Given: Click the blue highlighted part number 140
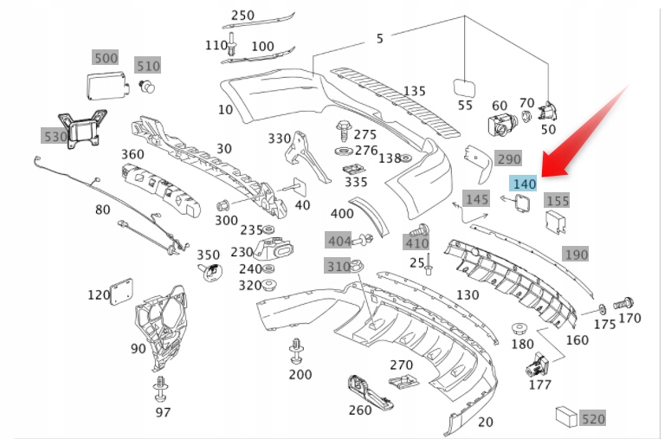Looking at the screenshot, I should [525, 184].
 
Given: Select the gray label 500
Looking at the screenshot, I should [106, 58].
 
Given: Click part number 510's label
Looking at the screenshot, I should [148, 66].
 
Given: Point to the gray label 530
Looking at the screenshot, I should [55, 136].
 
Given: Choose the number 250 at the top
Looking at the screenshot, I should [243, 15].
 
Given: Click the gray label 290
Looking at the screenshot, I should [508, 159].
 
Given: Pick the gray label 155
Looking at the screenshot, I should [558, 201].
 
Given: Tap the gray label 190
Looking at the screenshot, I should [576, 255].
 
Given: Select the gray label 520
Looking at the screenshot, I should [593, 418].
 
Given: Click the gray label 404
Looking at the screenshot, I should [339, 240].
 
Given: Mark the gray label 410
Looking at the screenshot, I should [416, 243].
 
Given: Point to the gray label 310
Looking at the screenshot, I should [338, 266].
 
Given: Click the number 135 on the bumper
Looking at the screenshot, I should [414, 91].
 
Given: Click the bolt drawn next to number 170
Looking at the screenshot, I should [623, 305].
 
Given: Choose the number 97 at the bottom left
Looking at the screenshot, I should [163, 412].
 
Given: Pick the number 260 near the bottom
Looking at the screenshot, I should [360, 410].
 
